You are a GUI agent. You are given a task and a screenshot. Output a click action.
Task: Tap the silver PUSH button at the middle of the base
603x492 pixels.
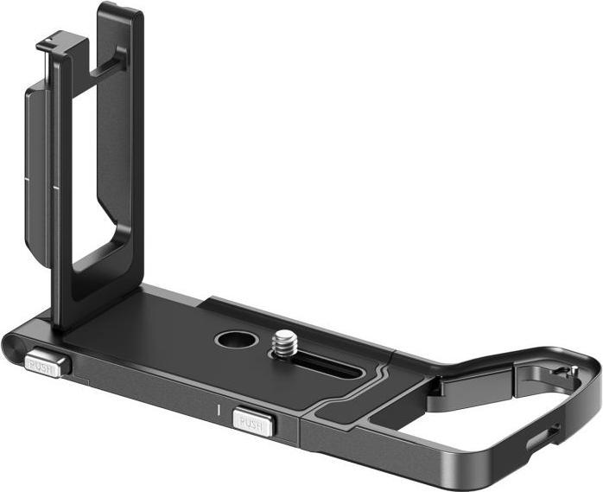(252, 423)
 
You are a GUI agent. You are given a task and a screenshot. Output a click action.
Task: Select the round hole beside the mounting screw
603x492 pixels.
(233, 339)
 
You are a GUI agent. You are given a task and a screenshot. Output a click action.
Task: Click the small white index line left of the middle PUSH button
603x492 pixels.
(220, 405)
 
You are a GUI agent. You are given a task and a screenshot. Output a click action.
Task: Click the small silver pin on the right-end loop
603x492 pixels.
(566, 372)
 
